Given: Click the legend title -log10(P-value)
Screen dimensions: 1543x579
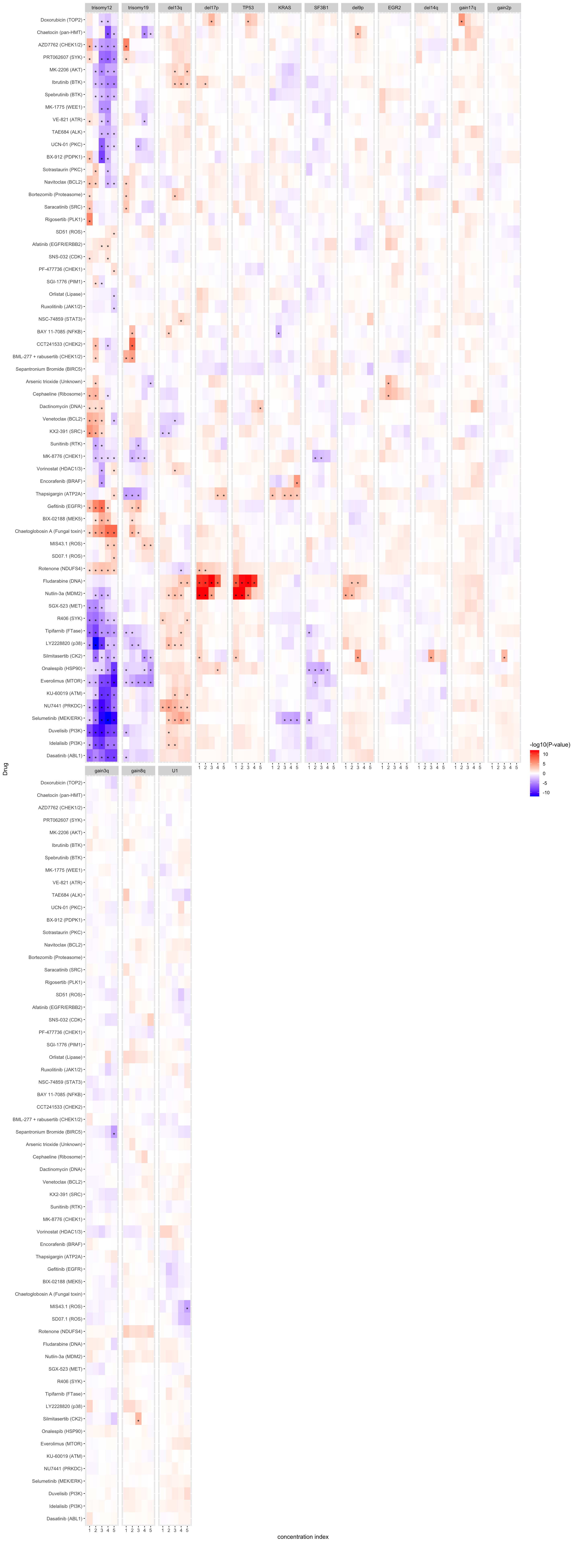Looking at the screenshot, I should click(549, 745).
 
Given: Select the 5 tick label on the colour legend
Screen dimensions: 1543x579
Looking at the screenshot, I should click(544, 764).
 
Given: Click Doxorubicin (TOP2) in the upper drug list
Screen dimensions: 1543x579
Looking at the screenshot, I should click(61, 20).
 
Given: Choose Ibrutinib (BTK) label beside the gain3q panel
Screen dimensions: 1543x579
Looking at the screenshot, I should click(67, 845).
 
